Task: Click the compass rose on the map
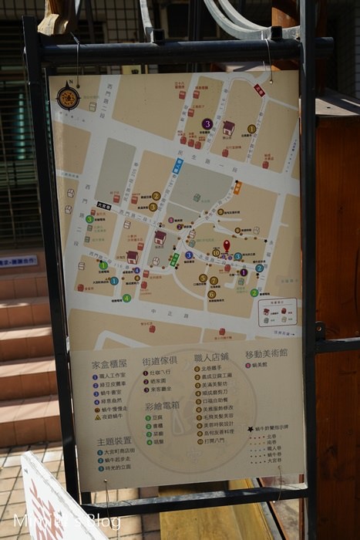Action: (68, 97)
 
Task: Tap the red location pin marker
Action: (227, 245)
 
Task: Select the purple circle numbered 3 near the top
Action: (207, 123)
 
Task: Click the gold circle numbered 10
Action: (216, 252)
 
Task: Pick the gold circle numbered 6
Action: (211, 294)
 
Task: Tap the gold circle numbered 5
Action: (203, 278)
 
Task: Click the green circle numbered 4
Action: (126, 298)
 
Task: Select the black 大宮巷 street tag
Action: (104, 206)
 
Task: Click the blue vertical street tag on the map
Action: (177, 166)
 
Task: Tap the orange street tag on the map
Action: (237, 187)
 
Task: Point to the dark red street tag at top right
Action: (259, 90)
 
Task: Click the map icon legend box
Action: (278, 312)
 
